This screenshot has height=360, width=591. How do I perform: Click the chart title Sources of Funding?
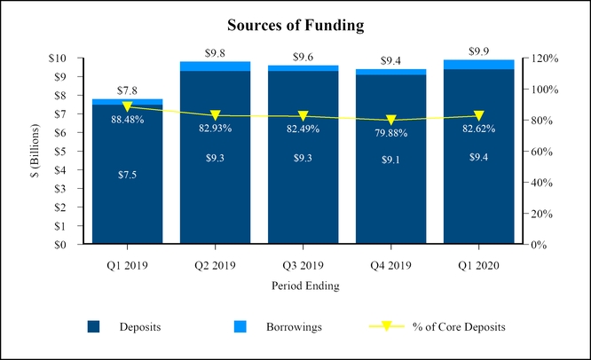pyautogui.click(x=295, y=26)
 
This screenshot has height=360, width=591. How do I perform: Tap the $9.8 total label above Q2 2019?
pyautogui.click(x=215, y=53)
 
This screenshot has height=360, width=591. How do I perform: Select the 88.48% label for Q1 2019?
pyautogui.click(x=127, y=120)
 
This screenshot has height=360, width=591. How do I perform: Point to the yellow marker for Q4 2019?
pyautogui.click(x=390, y=121)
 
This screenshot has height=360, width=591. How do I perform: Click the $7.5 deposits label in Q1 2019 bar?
pyautogui.click(x=127, y=175)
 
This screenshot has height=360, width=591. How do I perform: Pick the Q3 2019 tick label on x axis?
pyautogui.click(x=303, y=263)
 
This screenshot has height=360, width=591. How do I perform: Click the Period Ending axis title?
pyautogui.click(x=303, y=286)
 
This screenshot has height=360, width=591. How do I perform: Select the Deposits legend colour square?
pyautogui.click(x=94, y=326)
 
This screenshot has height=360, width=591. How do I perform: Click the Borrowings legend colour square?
pyautogui.click(x=242, y=326)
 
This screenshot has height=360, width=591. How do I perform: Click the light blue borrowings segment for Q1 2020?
pyautogui.click(x=478, y=64)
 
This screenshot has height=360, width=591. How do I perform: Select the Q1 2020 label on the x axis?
pyautogui.click(x=478, y=263)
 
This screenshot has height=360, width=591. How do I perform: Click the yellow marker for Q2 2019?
pyautogui.click(x=215, y=115)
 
